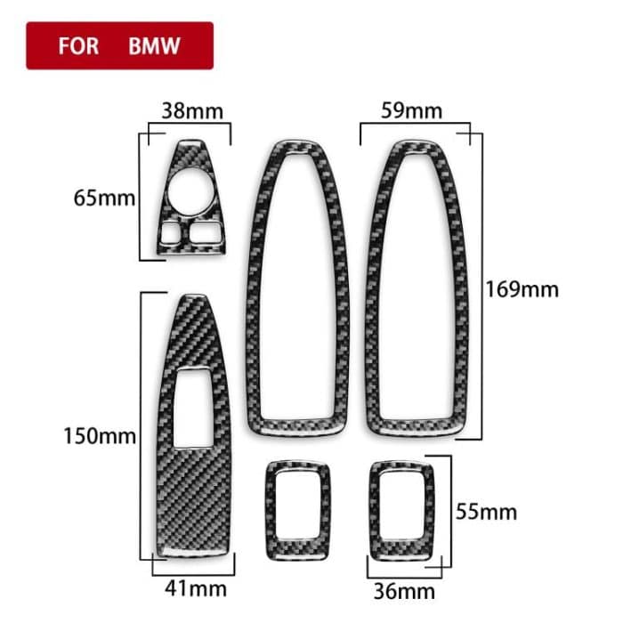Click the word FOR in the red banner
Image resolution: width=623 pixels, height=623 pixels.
[x=78, y=45]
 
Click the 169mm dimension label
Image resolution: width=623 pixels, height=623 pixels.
[x=522, y=289]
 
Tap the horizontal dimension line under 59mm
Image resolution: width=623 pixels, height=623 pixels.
[x=414, y=127]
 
